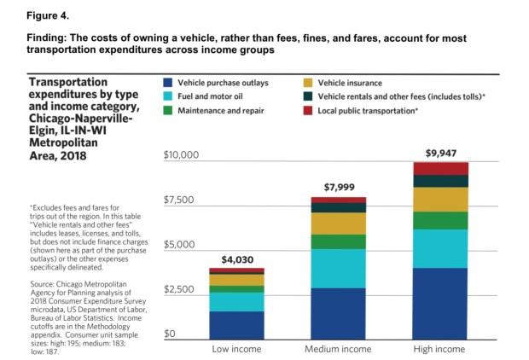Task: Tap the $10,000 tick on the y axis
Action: (180, 155)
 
